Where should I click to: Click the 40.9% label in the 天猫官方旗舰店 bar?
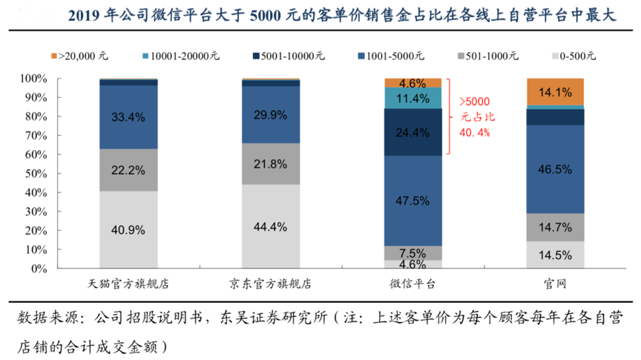point(127,229)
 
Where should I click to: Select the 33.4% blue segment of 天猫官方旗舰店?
point(127,117)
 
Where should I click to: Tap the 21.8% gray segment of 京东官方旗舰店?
point(270,163)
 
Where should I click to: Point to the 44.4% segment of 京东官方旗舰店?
point(270,226)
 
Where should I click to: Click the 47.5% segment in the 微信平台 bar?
point(413,200)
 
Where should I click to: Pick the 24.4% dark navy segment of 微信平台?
point(413,133)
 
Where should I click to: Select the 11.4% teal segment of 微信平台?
point(413,98)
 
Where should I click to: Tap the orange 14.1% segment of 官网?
point(556,92)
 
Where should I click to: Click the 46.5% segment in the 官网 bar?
point(556,169)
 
